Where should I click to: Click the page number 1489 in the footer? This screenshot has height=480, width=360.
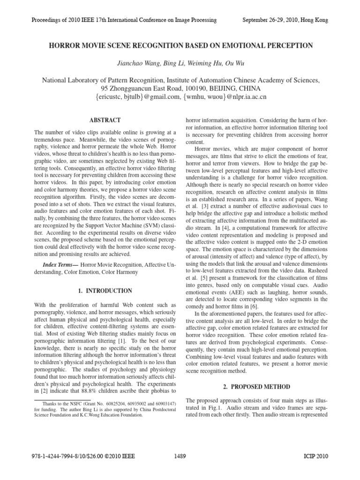(180, 468)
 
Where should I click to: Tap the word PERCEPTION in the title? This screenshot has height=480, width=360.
(285, 45)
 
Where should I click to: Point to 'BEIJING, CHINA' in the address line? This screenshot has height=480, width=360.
(231, 89)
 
